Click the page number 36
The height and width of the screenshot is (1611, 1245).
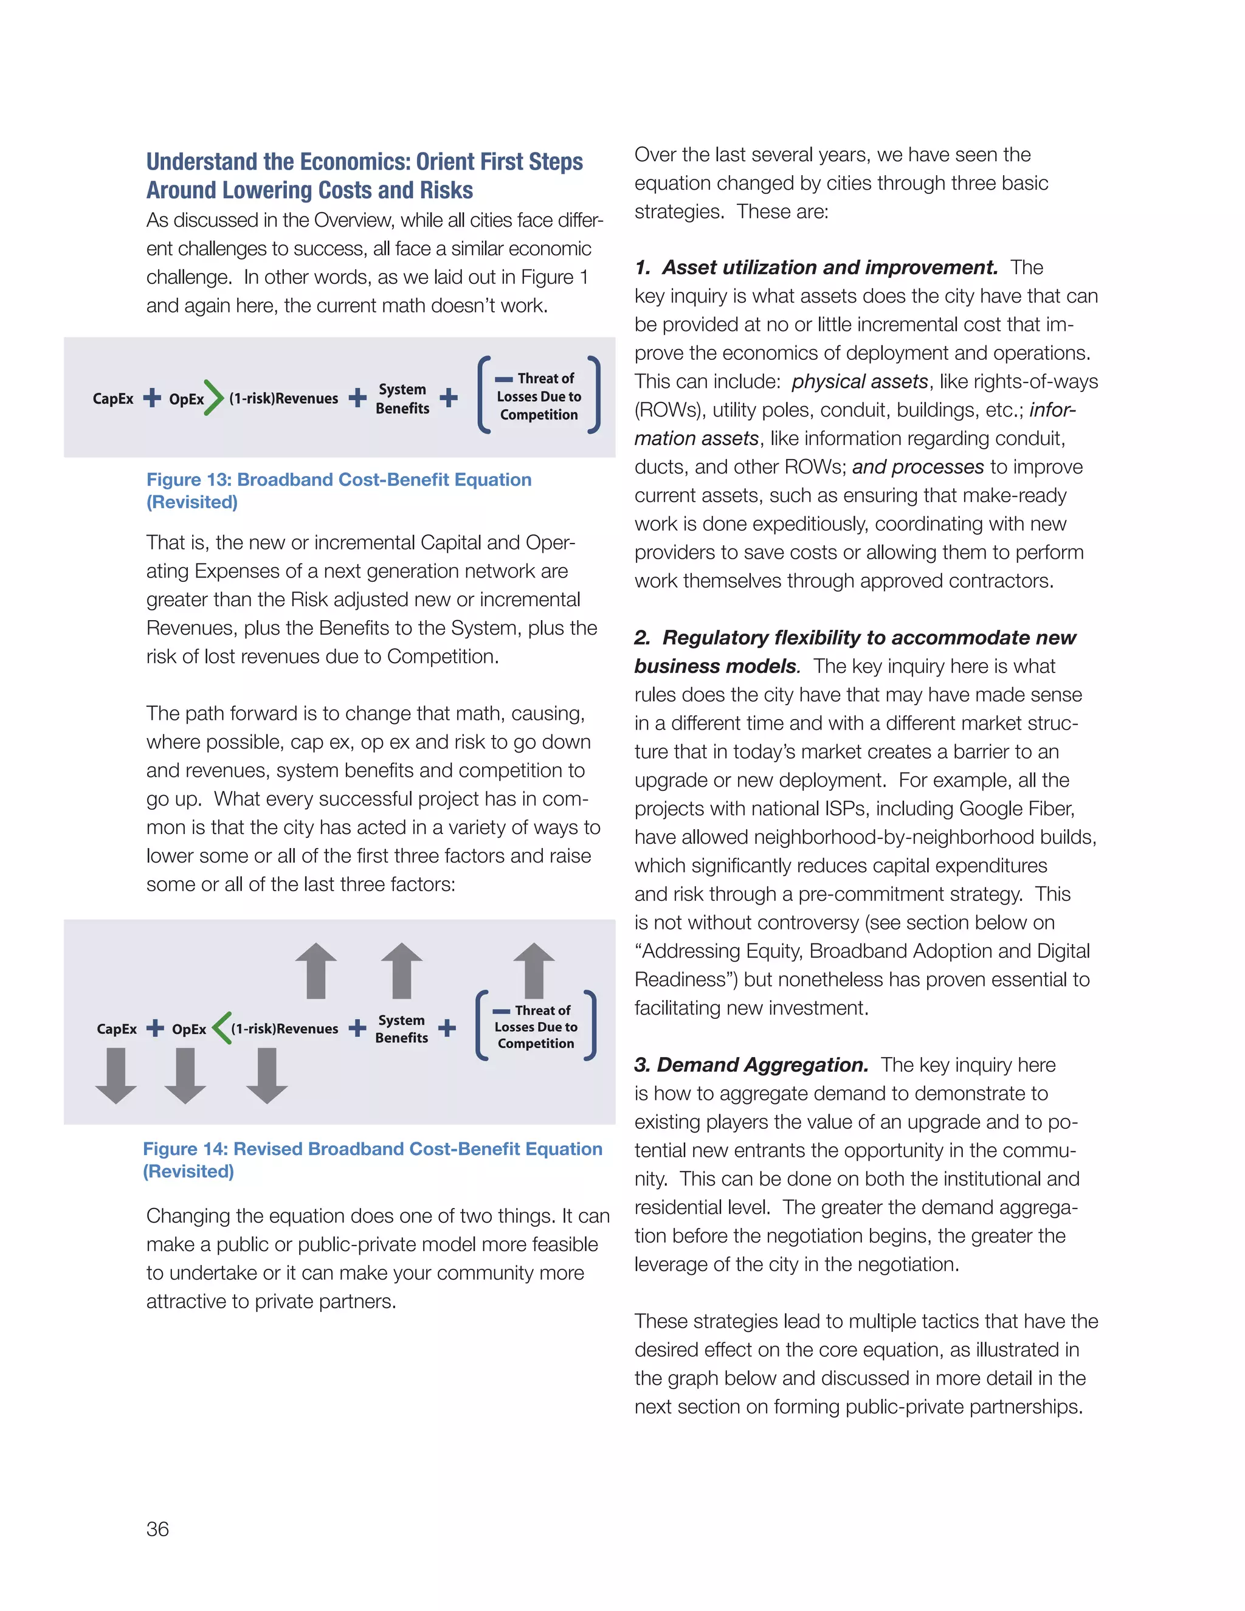(157, 1528)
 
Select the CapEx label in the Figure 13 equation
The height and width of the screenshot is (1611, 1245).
(113, 398)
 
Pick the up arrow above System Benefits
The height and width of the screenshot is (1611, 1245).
(402, 970)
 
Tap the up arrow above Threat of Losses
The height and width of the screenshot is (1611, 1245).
(533, 970)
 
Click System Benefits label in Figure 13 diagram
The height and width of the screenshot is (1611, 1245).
(402, 398)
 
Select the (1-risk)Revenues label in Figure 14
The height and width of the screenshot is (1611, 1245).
(285, 1028)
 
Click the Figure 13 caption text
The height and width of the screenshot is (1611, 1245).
(339, 490)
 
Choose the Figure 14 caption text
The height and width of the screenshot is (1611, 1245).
(373, 1159)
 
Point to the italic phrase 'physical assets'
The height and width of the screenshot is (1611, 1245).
(859, 381)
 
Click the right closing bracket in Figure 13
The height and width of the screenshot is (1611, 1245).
(594, 395)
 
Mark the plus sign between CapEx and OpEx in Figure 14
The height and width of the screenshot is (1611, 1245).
(155, 1028)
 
